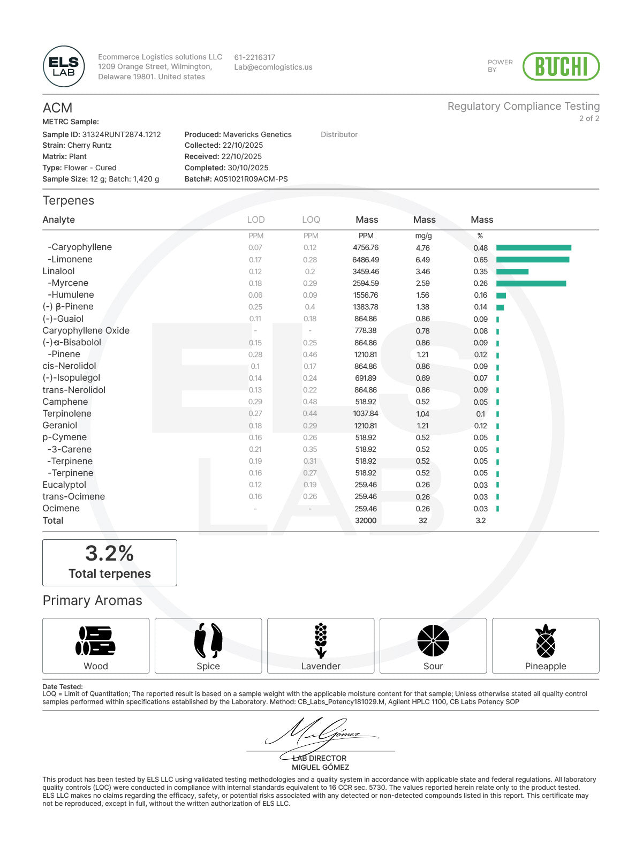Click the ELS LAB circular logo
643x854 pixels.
coord(64,66)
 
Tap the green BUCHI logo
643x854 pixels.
coord(561,66)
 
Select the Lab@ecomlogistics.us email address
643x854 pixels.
coord(273,67)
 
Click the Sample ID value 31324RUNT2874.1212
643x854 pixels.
coord(122,134)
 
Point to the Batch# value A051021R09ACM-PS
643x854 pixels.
coord(251,179)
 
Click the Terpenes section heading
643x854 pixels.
coord(69,201)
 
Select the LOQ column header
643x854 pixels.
coord(311,220)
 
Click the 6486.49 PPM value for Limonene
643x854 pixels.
coord(366,260)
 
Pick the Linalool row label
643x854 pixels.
coord(59,271)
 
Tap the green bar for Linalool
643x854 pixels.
coord(512,271)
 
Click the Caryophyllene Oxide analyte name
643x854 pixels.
coord(86,331)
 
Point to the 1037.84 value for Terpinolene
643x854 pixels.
coord(366,414)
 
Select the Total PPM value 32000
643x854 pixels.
coord(366,520)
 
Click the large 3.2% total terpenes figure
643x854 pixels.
coord(109,554)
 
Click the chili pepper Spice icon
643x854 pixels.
coord(208,640)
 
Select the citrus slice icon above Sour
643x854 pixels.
coord(433,640)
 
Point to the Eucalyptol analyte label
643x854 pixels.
coord(64,485)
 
